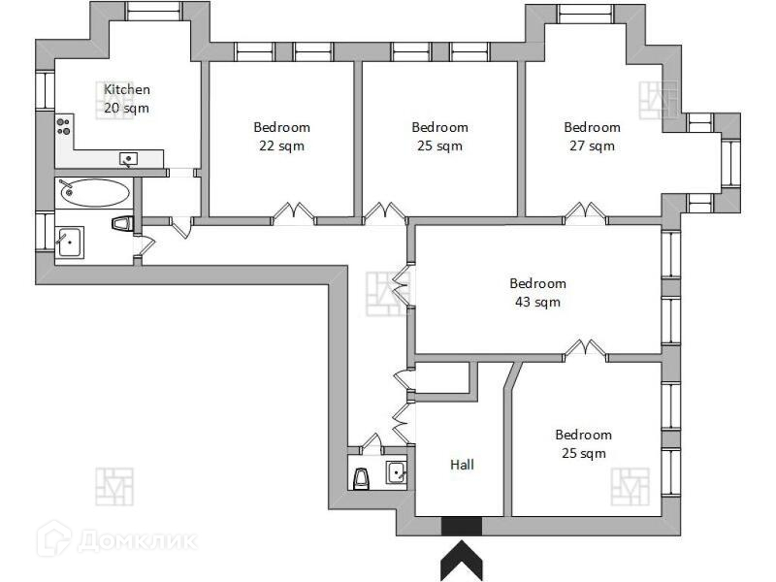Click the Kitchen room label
coord(127,90)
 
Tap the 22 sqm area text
coord(281,146)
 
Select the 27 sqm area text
coord(592,146)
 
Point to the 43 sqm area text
coord(537,303)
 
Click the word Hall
coord(462,465)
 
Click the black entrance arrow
coord(462,560)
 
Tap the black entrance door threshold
coord(462,525)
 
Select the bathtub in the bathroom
coord(93,191)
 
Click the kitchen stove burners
coord(65,123)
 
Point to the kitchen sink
coord(129,159)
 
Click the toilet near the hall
coord(363,477)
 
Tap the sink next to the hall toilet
coord(396,473)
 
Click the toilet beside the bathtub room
coord(121,224)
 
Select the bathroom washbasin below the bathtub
coord(69,242)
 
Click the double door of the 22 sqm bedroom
coord(294,213)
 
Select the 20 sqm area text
coord(127,109)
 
